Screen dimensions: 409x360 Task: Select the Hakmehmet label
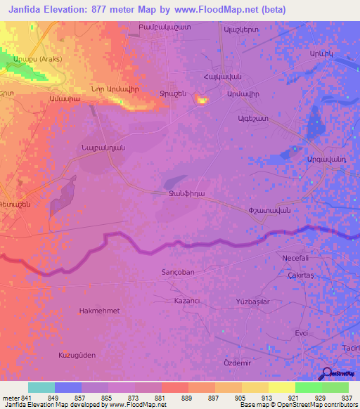click(99, 310)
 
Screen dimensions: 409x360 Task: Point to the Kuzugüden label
click(77, 355)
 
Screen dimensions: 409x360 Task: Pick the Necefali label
click(297, 258)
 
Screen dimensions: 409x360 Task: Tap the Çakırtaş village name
click(303, 276)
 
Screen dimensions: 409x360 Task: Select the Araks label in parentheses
click(40, 59)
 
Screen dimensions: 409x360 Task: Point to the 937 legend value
click(347, 397)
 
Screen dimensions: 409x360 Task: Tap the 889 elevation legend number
click(187, 397)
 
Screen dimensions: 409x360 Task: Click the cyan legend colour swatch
click(41, 387)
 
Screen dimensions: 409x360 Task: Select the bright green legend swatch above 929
click(308, 387)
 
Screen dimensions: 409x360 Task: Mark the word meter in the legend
click(10, 397)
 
